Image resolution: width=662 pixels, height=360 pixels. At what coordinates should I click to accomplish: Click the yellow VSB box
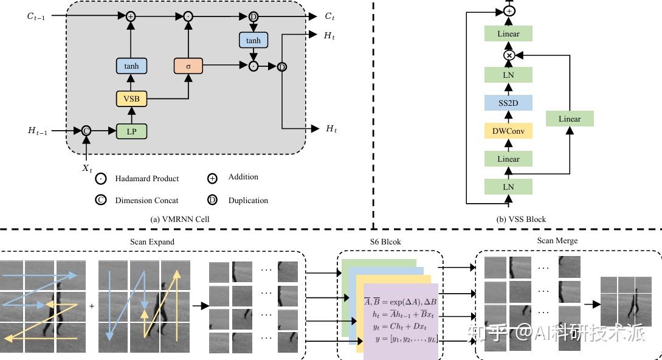pos(131,98)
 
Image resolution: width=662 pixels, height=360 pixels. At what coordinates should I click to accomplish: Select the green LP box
pos(131,131)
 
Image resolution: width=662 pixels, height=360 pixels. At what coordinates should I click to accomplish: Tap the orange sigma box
pos(188,66)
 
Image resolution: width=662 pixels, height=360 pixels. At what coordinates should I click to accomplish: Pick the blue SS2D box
pos(508,103)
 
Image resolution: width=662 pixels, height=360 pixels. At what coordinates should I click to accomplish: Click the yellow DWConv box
pos(508,130)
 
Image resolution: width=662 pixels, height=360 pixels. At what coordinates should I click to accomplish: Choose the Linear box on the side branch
pos(570,119)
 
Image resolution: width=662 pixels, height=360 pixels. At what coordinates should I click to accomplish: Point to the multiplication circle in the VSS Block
pos(509,55)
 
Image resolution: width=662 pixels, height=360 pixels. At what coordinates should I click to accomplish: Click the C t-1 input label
pos(36,16)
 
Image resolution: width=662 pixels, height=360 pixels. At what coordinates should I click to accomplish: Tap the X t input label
pos(88,168)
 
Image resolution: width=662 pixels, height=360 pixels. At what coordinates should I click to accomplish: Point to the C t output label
pos(330,16)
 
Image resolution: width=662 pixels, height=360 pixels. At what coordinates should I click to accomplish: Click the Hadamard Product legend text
pos(147,179)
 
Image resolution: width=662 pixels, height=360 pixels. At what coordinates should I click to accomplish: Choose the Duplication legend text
pos(248,201)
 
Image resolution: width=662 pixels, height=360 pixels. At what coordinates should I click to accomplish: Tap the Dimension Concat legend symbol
pos(101,200)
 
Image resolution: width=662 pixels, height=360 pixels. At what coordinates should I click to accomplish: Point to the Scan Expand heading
pos(152,242)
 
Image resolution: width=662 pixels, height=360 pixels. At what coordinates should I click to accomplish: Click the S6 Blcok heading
pos(385,242)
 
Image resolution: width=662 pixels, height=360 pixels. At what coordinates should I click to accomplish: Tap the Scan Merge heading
pos(557,241)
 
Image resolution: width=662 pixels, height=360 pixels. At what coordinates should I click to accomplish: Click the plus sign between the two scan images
pos(92,306)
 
